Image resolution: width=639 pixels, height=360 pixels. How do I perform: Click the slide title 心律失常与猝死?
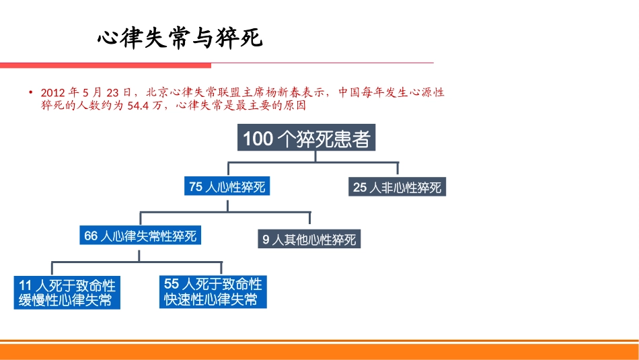point(179,38)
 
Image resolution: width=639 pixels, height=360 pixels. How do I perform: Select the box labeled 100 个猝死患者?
point(306,139)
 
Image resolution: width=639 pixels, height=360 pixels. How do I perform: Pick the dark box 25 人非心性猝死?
point(398,187)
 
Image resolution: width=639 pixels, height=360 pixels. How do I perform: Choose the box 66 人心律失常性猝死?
point(140,236)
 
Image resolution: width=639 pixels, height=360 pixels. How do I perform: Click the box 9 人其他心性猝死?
point(309,239)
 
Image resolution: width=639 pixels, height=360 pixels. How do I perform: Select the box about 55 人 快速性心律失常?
point(213,291)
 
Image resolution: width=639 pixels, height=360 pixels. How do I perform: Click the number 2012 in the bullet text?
point(53,92)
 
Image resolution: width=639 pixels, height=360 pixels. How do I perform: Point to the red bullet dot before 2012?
point(30,92)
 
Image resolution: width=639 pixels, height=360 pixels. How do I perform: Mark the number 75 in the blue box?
point(196,186)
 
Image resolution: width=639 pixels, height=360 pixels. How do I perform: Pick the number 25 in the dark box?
point(361,187)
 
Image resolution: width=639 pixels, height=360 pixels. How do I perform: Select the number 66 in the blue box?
point(91,236)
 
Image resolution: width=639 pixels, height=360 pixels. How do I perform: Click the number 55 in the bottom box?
point(172,283)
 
